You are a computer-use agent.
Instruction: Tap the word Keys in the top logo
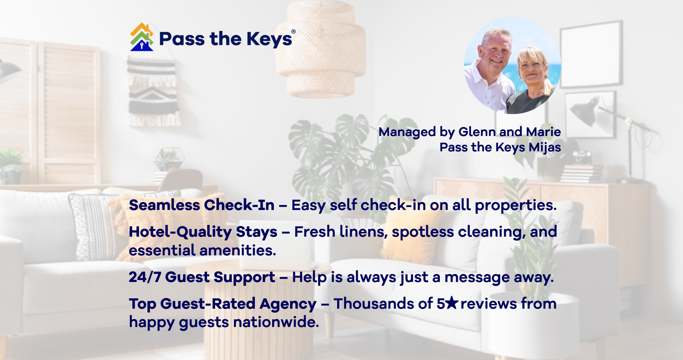(x=269, y=39)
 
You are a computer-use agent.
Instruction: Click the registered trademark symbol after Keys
(x=293, y=31)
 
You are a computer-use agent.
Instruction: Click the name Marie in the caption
(x=543, y=132)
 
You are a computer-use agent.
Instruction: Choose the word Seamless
(x=164, y=205)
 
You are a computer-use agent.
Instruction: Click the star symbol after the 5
(x=452, y=303)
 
